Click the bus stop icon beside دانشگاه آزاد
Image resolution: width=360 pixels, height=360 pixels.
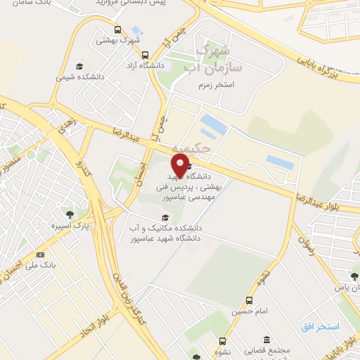tap(145, 55)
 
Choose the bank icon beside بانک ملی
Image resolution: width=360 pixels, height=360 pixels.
tap(40, 255)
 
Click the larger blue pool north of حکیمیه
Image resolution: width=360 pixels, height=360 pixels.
tap(213, 127)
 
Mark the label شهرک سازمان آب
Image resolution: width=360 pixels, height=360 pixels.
tap(219, 59)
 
